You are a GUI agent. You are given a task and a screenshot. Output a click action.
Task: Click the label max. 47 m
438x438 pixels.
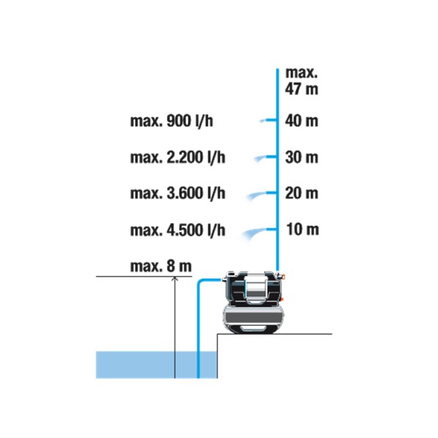(302, 81)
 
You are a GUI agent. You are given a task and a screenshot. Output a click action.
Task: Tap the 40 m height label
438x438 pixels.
(302, 121)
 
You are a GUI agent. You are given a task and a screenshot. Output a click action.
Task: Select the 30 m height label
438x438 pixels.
(302, 157)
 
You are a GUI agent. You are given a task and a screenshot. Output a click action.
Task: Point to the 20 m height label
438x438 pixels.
(302, 193)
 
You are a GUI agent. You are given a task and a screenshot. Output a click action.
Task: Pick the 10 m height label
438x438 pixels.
(302, 230)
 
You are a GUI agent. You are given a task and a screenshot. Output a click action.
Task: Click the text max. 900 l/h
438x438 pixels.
(172, 121)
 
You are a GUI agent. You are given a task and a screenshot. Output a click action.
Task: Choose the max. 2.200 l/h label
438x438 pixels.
(178, 157)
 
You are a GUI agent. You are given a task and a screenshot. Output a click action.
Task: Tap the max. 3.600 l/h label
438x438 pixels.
(178, 193)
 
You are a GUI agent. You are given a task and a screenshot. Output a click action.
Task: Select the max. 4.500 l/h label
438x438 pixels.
(178, 230)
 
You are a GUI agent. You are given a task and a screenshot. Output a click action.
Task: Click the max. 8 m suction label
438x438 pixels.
(161, 266)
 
